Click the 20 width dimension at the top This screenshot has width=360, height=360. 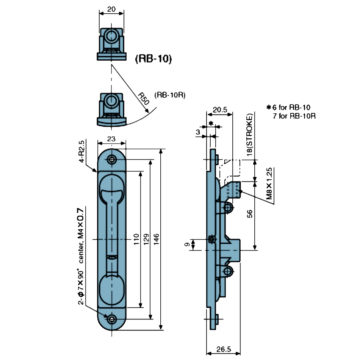click(x=111, y=9)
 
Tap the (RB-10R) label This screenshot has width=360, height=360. click(x=170, y=95)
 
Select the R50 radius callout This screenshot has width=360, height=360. click(x=143, y=99)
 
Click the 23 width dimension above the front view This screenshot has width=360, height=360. click(x=111, y=139)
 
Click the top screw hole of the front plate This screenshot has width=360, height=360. click(x=111, y=160)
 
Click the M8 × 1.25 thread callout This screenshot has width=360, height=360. click(x=269, y=186)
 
